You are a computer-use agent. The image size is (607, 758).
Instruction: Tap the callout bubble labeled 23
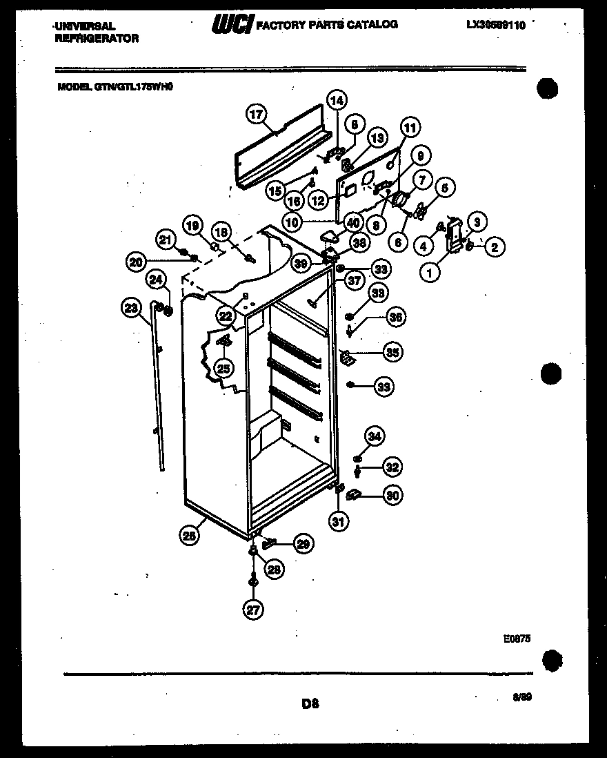pos(131,309)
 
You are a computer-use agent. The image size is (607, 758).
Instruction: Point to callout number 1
pos(430,273)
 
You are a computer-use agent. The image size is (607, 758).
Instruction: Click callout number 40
pos(353,223)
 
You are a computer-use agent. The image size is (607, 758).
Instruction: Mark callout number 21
pos(166,240)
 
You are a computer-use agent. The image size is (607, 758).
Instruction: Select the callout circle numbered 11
pos(410,128)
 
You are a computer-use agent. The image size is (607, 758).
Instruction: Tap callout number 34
pos(374,436)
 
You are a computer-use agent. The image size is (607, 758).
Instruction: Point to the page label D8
pos(310,704)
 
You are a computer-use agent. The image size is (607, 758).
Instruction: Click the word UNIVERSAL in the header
pos(85,26)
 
